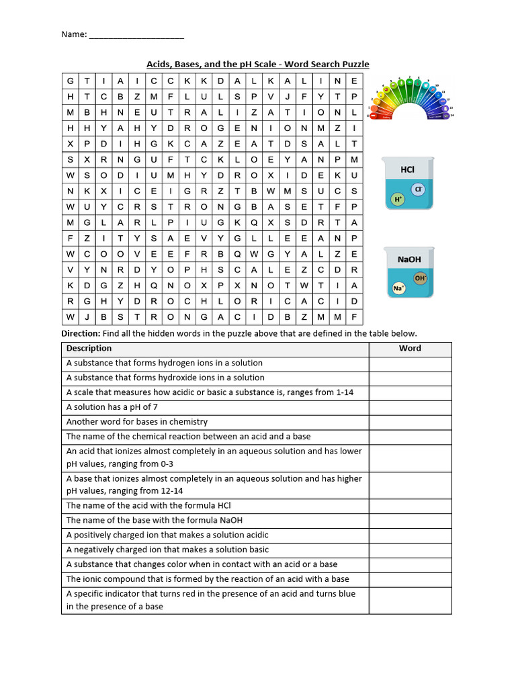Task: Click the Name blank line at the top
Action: tap(136, 36)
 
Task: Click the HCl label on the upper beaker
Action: tap(407, 170)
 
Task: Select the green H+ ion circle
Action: tap(398, 199)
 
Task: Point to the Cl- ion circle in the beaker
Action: tap(417, 189)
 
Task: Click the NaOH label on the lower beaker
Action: tap(408, 259)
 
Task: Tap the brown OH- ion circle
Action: tap(421, 277)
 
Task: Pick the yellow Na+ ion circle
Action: tap(398, 288)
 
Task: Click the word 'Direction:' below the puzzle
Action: tap(81, 333)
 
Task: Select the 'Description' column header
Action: tap(89, 348)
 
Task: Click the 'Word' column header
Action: tap(410, 348)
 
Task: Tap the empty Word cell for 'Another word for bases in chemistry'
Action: tap(410, 422)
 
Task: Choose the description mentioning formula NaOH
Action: tap(155, 520)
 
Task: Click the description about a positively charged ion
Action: tap(167, 535)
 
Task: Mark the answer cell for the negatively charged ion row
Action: tap(410, 550)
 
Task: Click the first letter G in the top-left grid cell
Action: tap(70, 81)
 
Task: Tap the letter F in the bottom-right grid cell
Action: tap(354, 316)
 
